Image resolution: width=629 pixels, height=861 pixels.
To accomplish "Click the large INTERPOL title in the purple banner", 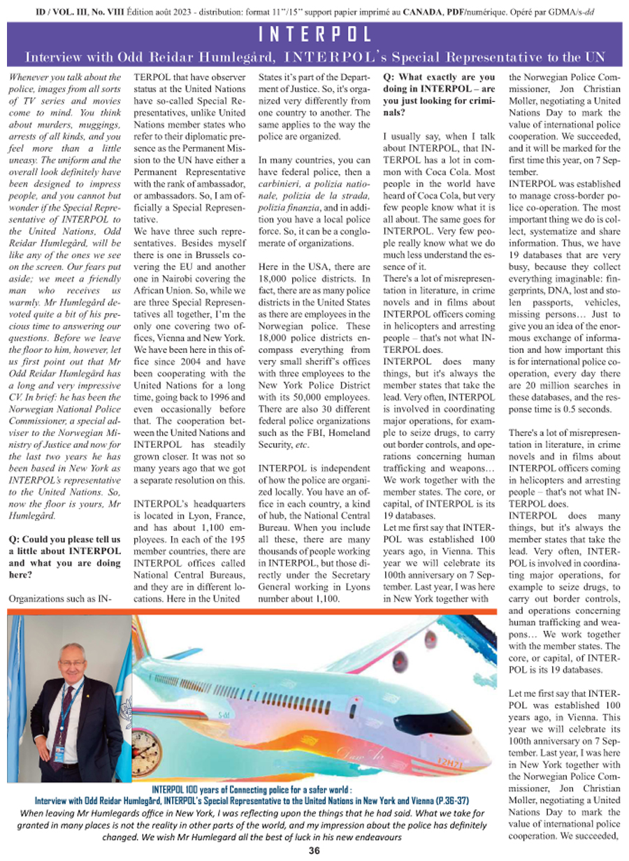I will [x=314, y=34].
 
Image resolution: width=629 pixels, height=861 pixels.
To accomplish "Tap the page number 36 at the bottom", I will [x=314, y=851].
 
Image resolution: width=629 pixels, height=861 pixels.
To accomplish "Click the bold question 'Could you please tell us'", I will [x=64, y=540].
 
